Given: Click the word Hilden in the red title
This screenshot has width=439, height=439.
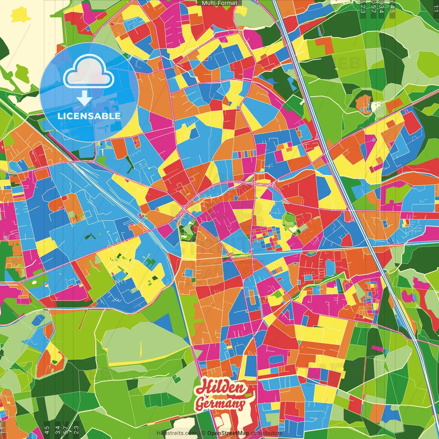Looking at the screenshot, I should click(x=221, y=388).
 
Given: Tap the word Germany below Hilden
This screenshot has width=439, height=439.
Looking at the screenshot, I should click(x=220, y=404).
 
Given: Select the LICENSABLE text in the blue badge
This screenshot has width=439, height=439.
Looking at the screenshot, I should click(x=89, y=116).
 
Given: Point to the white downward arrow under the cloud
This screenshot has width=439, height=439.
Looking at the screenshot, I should click(x=84, y=98).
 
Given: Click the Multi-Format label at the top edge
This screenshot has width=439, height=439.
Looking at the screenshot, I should click(x=219, y=3).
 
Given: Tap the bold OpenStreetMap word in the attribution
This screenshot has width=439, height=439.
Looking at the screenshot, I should click(x=228, y=433).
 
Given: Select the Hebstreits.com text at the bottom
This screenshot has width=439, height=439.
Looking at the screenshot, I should click(x=177, y=433).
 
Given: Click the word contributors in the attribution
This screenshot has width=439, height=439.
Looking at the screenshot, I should click(x=266, y=433).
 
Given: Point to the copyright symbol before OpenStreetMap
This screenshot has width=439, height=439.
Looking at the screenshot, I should click(x=203, y=433).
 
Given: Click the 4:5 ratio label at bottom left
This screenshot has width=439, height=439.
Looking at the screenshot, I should click(x=47, y=430).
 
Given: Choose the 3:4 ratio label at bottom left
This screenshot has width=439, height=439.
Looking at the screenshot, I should click(x=58, y=430).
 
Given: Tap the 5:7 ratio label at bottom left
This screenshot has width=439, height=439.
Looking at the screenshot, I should click(x=66, y=430).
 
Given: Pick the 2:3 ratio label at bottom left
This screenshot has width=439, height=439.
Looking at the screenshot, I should click(x=76, y=430).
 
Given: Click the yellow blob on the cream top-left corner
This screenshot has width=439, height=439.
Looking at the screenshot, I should click(x=21, y=15).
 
